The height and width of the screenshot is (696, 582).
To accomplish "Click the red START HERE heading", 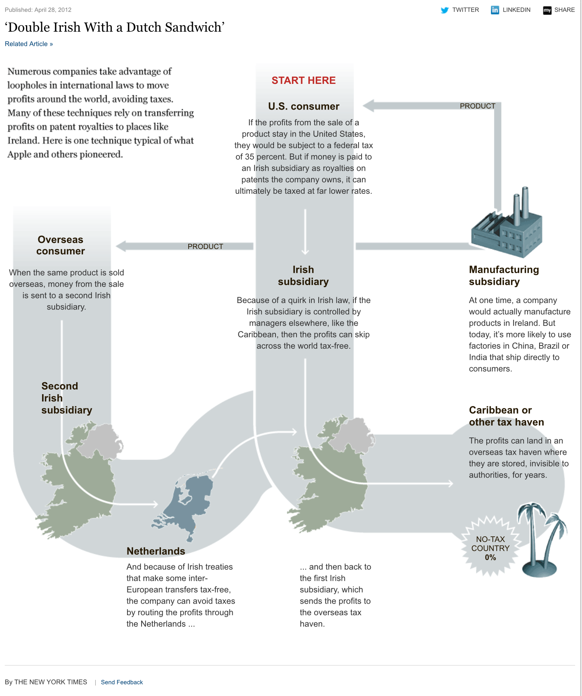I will (x=303, y=80).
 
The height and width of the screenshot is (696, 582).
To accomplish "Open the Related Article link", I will (x=29, y=44).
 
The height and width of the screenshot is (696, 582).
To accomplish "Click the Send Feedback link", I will (x=122, y=682).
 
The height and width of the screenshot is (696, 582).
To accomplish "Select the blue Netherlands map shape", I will (x=186, y=506).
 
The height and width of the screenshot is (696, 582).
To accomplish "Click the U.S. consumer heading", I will (x=303, y=106).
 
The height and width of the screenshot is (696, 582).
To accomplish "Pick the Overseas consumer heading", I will (x=60, y=245).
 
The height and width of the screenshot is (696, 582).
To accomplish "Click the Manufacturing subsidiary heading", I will (x=504, y=275).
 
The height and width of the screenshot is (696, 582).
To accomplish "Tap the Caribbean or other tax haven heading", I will (x=506, y=416).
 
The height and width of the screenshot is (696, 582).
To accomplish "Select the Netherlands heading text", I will (x=156, y=551).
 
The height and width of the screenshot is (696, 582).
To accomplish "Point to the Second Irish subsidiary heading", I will (x=66, y=398).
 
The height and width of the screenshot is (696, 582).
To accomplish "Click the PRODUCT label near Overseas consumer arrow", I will (x=205, y=247).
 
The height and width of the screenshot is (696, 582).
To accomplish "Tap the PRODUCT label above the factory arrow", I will (x=477, y=106).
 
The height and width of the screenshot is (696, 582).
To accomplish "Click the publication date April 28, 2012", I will (x=38, y=10).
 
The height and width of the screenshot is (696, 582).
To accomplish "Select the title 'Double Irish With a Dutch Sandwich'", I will (x=114, y=28).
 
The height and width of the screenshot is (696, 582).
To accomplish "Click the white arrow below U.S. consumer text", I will (x=305, y=232).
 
